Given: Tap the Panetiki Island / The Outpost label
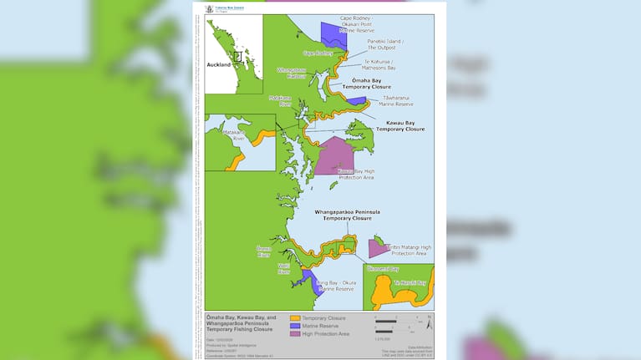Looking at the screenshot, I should pyautogui.click(x=384, y=44).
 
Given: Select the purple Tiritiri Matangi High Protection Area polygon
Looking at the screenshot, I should pyautogui.click(x=376, y=247).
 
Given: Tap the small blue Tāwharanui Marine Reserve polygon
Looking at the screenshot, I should pyautogui.click(x=357, y=101).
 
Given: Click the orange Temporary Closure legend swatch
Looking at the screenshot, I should pyautogui.click(x=294, y=318).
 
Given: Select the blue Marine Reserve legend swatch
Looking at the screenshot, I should pyautogui.click(x=294, y=326).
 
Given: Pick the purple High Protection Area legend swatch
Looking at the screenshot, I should pyautogui.click(x=294, y=334).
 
